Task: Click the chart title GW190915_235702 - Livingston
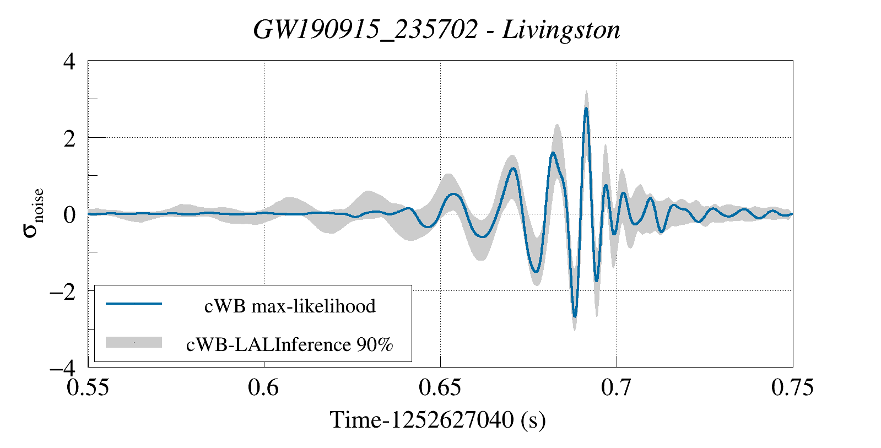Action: pos(436,30)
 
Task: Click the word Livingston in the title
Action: pos(561,30)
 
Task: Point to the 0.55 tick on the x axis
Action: pos(88,387)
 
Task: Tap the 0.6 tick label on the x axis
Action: pos(264,387)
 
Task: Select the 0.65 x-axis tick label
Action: pos(440,387)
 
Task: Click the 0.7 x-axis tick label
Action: pos(616,387)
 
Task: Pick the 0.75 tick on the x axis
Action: pos(792,387)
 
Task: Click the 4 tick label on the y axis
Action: pos(69,61)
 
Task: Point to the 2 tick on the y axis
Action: pos(69,138)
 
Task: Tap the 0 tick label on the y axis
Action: pos(69,214)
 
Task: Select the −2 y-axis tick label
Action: pos(62,291)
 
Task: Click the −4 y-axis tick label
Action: pos(62,367)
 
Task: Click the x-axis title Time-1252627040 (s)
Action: pos(438,420)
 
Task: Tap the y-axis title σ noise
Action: pos(33,214)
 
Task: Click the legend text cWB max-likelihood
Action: pos(290,306)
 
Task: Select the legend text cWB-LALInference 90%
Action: pos(290,344)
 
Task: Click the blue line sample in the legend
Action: pos(134,304)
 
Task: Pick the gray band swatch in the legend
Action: pos(134,342)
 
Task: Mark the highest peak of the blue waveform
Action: pos(586,109)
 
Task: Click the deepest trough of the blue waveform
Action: pos(575,317)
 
